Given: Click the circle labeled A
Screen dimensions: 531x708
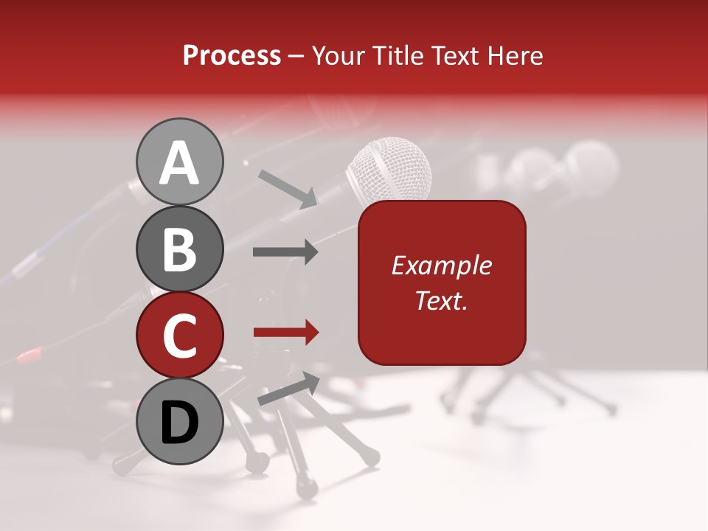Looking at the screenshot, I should (x=180, y=162).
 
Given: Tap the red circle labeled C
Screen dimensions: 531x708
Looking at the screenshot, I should (x=180, y=335).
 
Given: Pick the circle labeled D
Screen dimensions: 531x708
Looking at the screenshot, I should (x=180, y=422).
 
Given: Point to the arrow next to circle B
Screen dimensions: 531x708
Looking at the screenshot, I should (x=285, y=252).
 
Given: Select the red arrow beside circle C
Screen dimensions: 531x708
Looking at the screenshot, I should (x=285, y=333).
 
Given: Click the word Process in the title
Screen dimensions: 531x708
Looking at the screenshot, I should (x=232, y=56).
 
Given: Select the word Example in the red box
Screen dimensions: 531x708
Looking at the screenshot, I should (x=442, y=265).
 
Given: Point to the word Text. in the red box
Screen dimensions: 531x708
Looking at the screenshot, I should (x=442, y=301).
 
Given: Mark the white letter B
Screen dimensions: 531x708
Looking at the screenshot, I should (x=180, y=249).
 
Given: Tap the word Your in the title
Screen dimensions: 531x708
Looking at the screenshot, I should (x=337, y=56).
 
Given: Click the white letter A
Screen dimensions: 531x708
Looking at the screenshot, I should (x=180, y=162).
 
